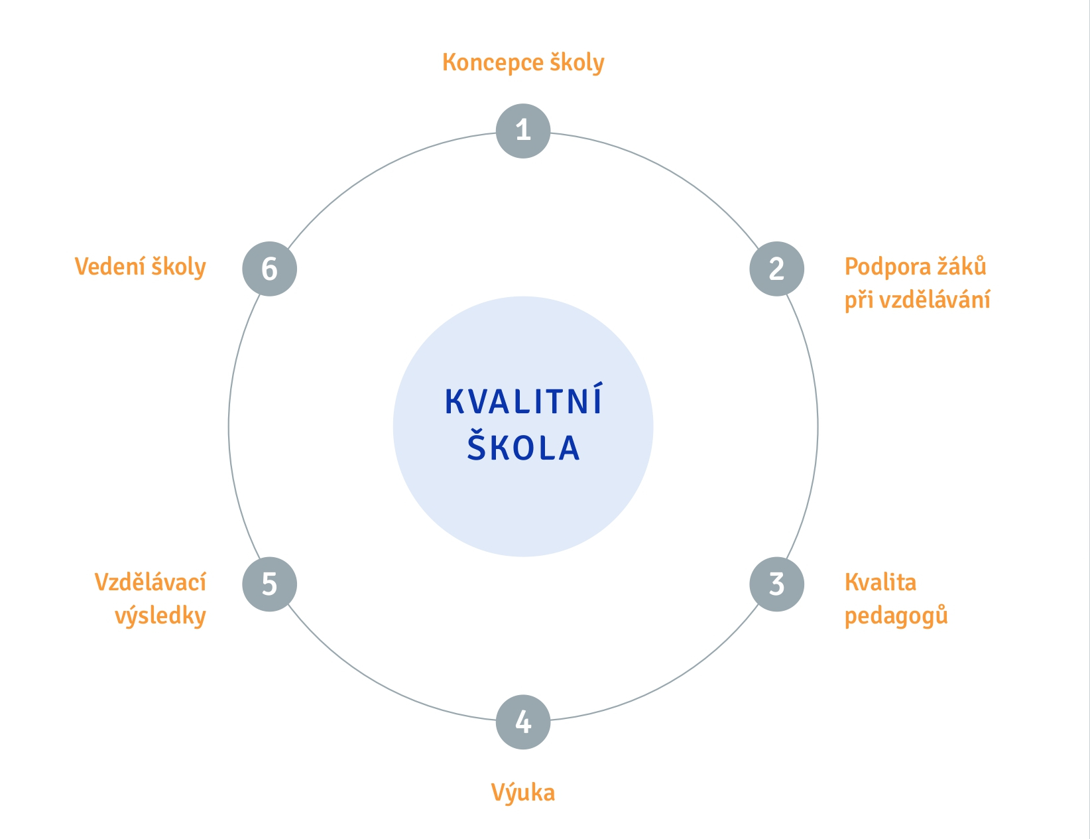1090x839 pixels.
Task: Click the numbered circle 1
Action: pyautogui.click(x=523, y=131)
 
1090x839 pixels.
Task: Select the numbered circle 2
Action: pyautogui.click(x=776, y=269)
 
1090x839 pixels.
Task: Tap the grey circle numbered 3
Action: pyautogui.click(x=776, y=584)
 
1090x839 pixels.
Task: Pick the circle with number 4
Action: pyautogui.click(x=523, y=722)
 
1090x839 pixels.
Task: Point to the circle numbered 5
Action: pyautogui.click(x=269, y=584)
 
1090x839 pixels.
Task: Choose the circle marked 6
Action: pyautogui.click(x=269, y=269)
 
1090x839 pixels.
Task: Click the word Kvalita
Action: pyautogui.click(x=880, y=582)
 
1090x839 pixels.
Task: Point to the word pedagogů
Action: pyautogui.click(x=896, y=616)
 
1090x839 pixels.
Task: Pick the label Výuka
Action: pyautogui.click(x=522, y=793)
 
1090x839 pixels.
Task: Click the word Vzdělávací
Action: pyautogui.click(x=151, y=582)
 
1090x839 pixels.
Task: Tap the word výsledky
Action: pyautogui.click(x=160, y=616)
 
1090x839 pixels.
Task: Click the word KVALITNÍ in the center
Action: pyautogui.click(x=523, y=402)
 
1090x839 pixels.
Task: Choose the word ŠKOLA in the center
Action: pyautogui.click(x=523, y=447)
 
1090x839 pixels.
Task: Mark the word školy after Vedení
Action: pyautogui.click(x=178, y=267)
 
